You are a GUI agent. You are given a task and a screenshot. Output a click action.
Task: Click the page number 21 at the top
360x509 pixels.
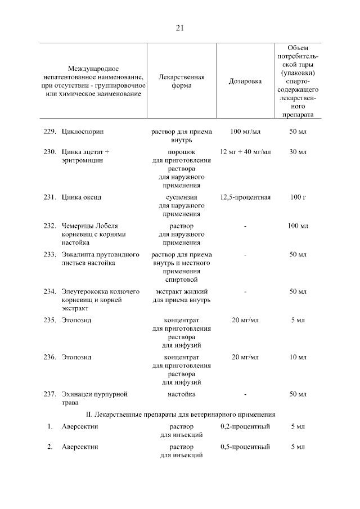tap(180, 28)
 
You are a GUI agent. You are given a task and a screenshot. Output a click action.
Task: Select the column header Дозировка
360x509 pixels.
tap(245, 81)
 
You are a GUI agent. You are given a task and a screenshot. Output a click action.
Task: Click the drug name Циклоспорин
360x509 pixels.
tap(83, 132)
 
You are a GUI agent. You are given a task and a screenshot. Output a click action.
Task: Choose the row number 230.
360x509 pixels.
tap(49, 152)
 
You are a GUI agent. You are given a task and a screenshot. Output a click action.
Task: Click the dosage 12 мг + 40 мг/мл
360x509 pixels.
tap(245, 152)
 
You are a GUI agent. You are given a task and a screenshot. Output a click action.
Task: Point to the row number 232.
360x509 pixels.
tap(49, 226)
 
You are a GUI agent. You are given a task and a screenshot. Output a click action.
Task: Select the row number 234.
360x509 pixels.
tap(49, 291)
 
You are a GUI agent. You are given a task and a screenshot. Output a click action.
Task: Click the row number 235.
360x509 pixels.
tap(49, 320)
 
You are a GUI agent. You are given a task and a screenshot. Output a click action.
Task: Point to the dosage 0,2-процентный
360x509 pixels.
tap(245, 427)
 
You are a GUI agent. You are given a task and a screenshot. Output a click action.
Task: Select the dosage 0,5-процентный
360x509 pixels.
tap(245, 447)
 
